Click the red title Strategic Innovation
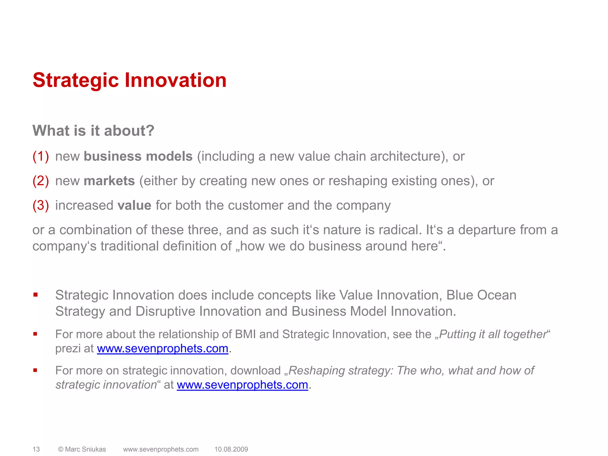[129, 80]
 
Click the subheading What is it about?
[93, 131]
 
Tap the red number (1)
[41, 156]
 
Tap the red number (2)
[41, 181]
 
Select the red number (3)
[41, 205]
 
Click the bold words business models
[138, 156]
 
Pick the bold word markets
[109, 181]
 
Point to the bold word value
[134, 205]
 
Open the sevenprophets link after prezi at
[162, 349]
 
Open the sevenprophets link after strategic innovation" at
[242, 385]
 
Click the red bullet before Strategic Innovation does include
[35, 295]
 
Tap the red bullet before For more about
[35, 334]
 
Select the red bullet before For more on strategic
[35, 370]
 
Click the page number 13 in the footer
[36, 449]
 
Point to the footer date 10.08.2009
[231, 449]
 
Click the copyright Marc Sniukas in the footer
[82, 449]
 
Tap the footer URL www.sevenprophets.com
[161, 449]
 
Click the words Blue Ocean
[481, 295]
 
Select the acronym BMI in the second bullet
[245, 334]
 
